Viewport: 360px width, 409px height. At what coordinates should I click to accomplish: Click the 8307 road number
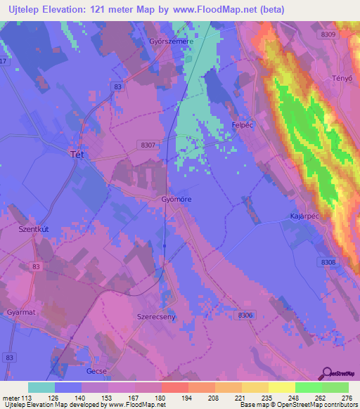(146, 144)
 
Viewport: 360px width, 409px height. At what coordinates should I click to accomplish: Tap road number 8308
(328, 262)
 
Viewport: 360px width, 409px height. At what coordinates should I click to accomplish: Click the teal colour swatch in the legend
(41, 387)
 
